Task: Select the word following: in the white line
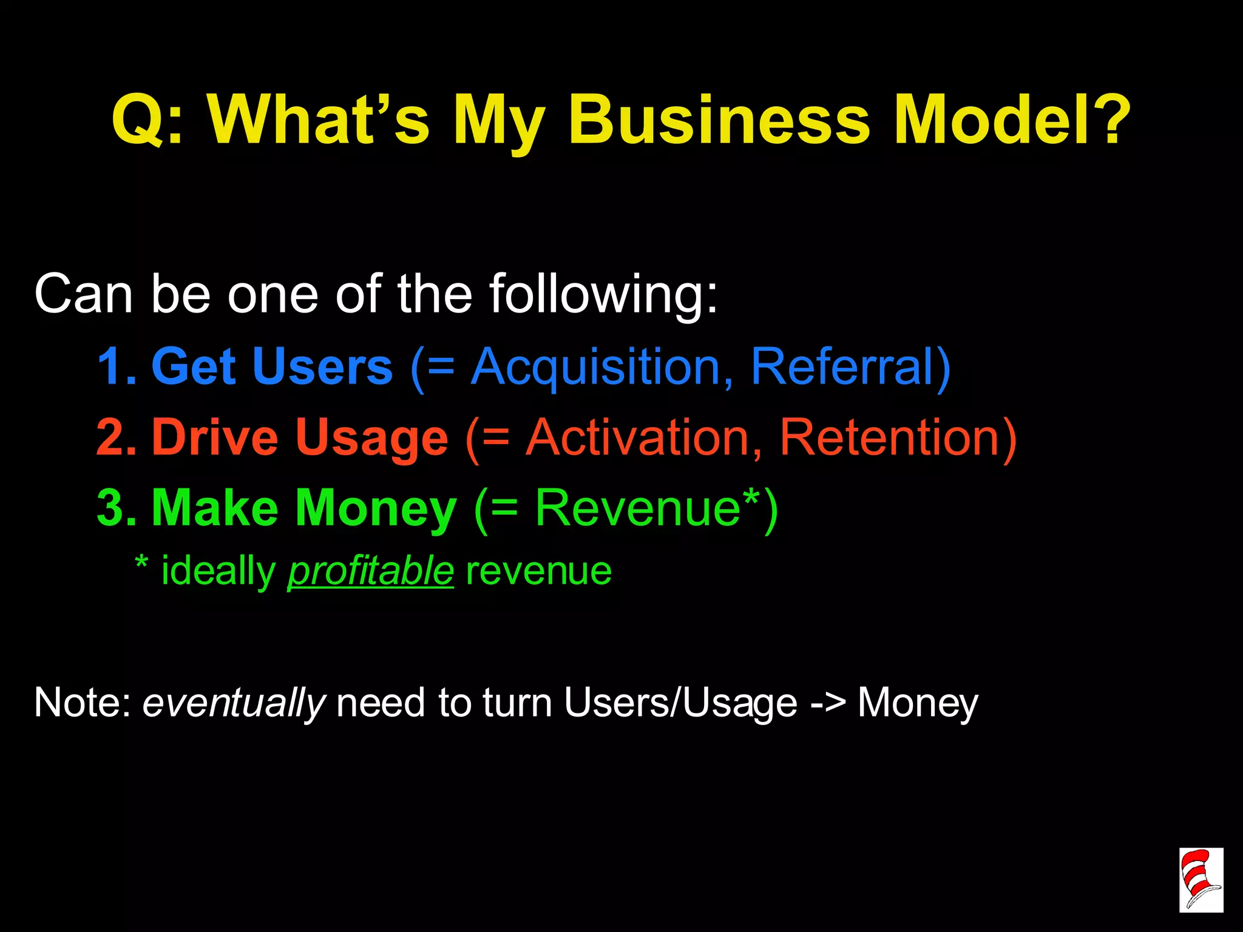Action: coord(603,295)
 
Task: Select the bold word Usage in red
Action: coord(371,439)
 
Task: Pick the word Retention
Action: coord(889,437)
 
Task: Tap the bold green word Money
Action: coord(375,509)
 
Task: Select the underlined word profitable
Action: coord(370,572)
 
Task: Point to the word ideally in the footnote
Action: coord(218,572)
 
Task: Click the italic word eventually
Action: coord(234,703)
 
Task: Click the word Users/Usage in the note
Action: coord(680,703)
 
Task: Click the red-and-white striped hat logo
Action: coord(1201,879)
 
